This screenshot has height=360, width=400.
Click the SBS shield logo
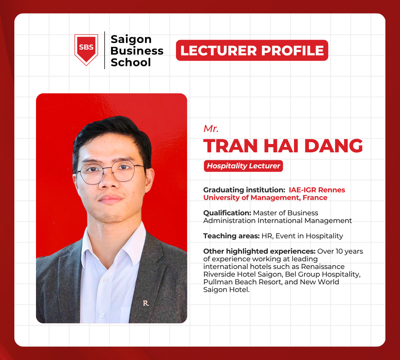[86, 49]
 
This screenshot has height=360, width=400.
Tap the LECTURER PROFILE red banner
[252, 50]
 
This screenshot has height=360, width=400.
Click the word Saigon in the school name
[131, 39]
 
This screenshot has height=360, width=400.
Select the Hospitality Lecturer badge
[243, 166]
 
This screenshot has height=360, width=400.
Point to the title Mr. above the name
[211, 129]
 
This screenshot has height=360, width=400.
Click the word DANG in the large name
[334, 146]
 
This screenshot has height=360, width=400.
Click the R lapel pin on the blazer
[146, 303]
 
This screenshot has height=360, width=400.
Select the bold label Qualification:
[227, 213]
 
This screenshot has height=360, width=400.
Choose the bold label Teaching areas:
[231, 236]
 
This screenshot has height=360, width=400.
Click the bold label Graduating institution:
[244, 190]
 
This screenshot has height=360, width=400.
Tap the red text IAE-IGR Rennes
[317, 190]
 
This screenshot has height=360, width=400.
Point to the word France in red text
[315, 198]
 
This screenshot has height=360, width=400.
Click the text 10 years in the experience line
[349, 251]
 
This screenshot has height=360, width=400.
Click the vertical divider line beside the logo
[105, 50]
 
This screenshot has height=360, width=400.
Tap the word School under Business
[131, 62]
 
